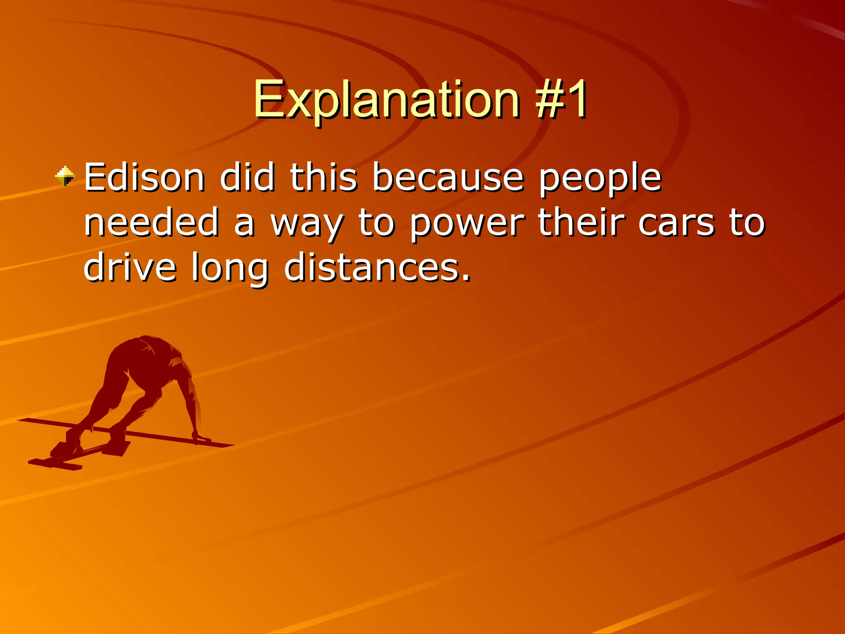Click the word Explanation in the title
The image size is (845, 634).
coord(386,99)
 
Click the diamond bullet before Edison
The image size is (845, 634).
coord(65,176)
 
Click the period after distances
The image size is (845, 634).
coord(466,278)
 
